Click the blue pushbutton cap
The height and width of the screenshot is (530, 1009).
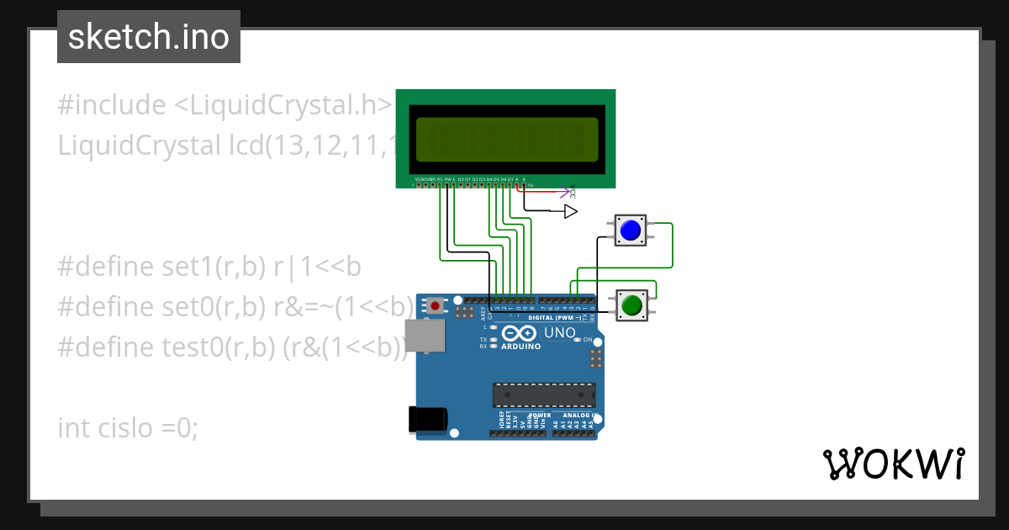coord(630,229)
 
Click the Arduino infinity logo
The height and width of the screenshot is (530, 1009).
coord(514,334)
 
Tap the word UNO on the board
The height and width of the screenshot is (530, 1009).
coord(559,333)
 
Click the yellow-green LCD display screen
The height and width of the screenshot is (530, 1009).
coord(506,140)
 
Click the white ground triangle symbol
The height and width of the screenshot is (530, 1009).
coord(571,211)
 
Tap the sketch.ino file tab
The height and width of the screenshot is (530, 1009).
coord(149,37)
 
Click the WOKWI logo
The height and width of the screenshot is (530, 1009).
coord(893,464)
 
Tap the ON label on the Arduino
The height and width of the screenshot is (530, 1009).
coord(588,339)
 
